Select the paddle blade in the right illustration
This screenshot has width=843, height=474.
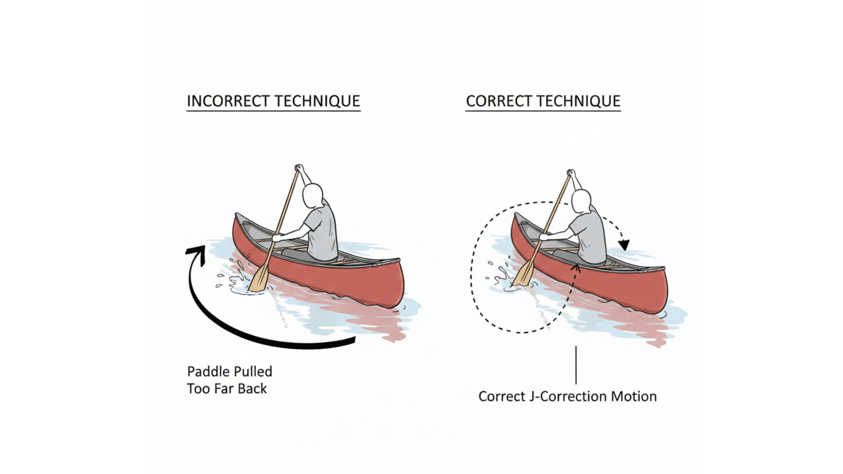coord(524,274)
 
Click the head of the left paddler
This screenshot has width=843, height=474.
coord(312,196)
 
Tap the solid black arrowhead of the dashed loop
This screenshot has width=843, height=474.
coord(624,245)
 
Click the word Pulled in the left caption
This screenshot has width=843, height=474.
coord(252,372)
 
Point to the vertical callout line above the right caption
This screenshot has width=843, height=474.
coord(576,365)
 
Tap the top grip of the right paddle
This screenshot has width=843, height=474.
coord(571,173)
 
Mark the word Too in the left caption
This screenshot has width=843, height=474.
coord(198,389)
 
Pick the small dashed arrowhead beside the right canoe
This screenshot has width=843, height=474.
coord(577,269)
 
